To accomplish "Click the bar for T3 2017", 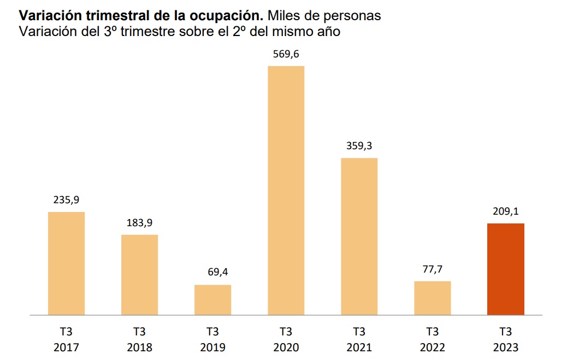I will tap(66, 263).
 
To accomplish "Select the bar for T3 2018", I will tap(139, 275).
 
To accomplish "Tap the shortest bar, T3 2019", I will tap(212, 300).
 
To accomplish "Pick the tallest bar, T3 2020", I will tap(286, 190).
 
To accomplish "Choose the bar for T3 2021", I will tap(359, 237).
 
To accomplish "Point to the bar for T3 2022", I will tap(432, 298).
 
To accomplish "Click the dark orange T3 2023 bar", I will tap(505, 269).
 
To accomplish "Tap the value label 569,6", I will tap(286, 54).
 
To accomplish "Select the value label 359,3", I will tap(359, 146).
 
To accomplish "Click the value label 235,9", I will tap(66, 200).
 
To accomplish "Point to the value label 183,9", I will tap(139, 223).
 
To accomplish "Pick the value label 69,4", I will tap(212, 273).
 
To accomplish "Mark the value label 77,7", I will tap(432, 269).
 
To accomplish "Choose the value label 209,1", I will tap(505, 212).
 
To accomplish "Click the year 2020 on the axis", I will tap(286, 347).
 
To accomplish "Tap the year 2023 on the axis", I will tap(505, 347).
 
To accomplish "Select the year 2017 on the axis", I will tap(66, 347).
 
